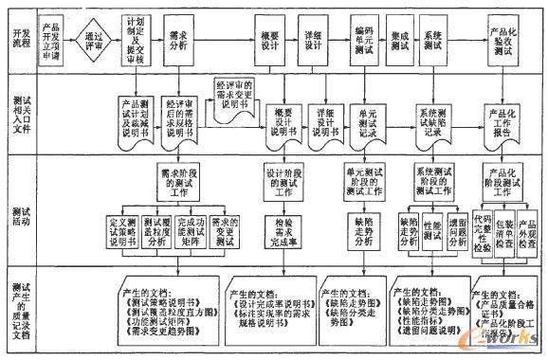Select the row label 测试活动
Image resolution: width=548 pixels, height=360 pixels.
[18, 207]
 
